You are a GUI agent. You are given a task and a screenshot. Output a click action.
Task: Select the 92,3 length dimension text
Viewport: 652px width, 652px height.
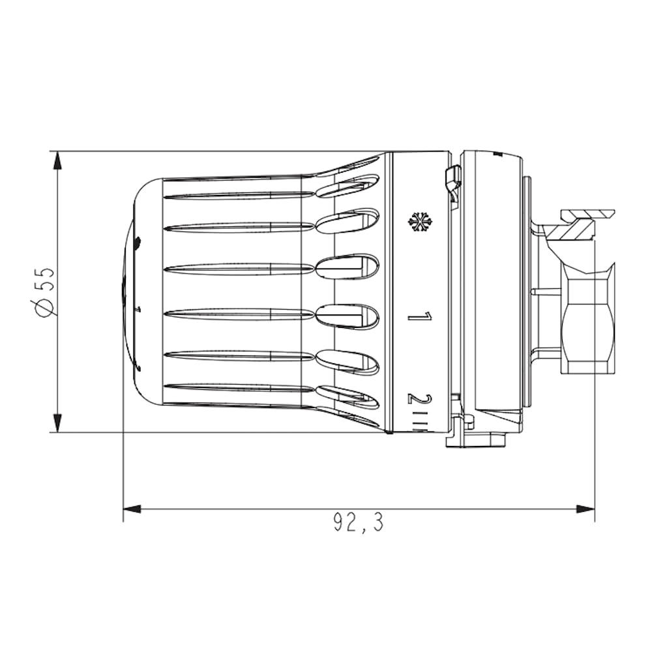[359, 522]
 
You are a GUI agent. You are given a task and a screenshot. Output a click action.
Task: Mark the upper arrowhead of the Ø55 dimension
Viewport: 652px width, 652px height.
[57, 161]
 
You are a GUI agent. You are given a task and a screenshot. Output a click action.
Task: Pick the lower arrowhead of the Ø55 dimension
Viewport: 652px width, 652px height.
[57, 423]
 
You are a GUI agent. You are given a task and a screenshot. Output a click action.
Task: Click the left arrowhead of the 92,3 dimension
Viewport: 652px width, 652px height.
[132, 509]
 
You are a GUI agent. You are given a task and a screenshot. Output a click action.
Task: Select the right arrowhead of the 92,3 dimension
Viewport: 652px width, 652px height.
[585, 509]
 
